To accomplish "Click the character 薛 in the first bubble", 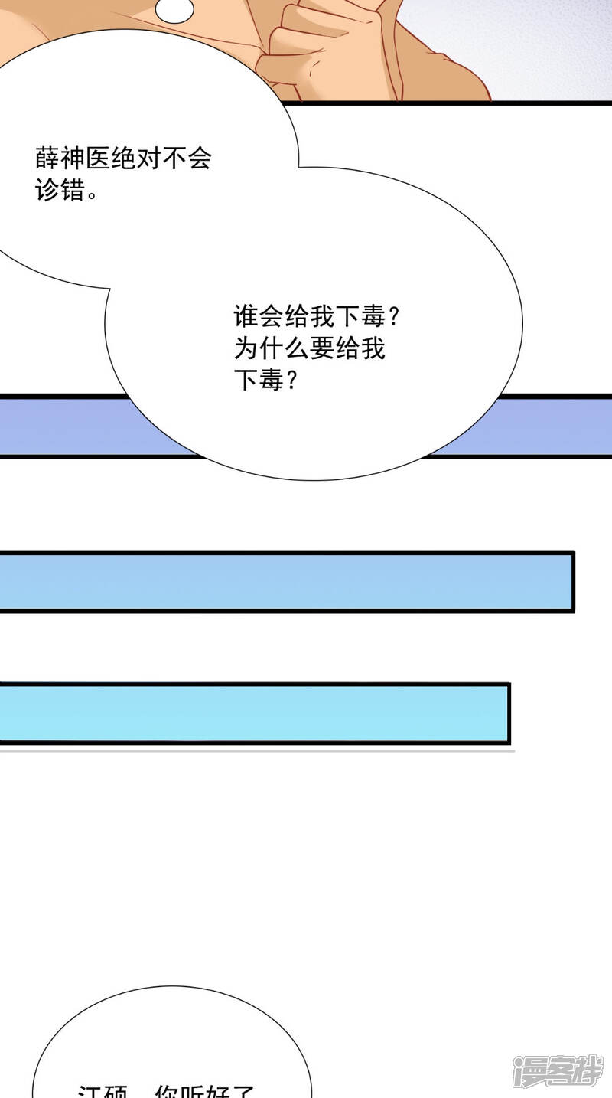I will click(47, 159).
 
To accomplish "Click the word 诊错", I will click(60, 190).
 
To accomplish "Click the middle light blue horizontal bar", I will click(287, 581).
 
